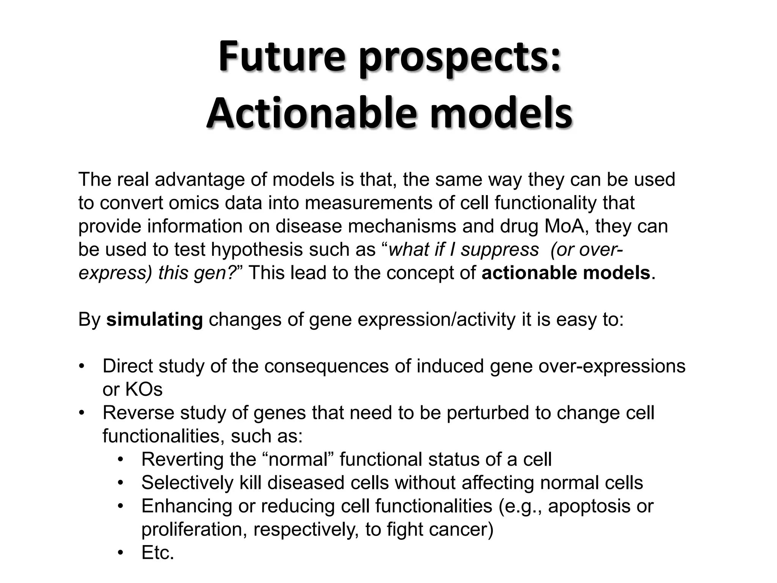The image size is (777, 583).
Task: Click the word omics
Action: [x=194, y=203]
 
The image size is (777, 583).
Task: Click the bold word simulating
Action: [x=154, y=320]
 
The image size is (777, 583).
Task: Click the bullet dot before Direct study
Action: [x=81, y=367]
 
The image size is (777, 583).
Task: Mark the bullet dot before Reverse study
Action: [x=81, y=413]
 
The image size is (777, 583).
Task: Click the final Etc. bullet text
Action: [x=157, y=553]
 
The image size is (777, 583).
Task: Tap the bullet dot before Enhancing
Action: [x=121, y=507]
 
